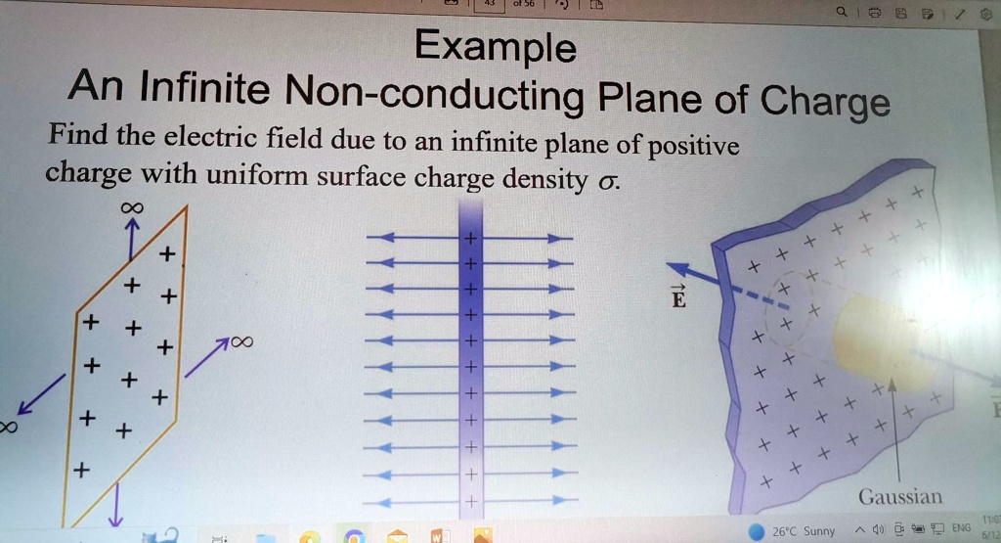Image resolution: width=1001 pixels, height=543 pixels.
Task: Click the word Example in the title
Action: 495,46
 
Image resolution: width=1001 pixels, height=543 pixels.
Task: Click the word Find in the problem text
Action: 77,130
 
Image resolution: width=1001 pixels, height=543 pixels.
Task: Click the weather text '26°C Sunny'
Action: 803,531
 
